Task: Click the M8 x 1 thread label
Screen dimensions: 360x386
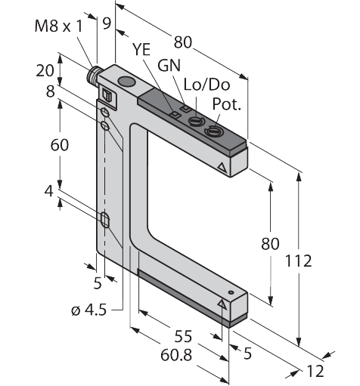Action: point(58,26)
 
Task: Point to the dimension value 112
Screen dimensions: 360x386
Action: point(298,261)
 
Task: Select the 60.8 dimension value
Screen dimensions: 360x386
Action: point(176,355)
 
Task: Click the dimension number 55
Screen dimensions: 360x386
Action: point(183,336)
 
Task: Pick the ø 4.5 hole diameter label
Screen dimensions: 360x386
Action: point(89,310)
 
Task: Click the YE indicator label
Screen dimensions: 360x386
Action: point(141,49)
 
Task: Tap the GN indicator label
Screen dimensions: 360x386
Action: point(169,66)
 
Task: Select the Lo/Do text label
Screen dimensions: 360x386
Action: point(207,85)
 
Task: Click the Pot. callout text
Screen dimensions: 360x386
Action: point(227,103)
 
